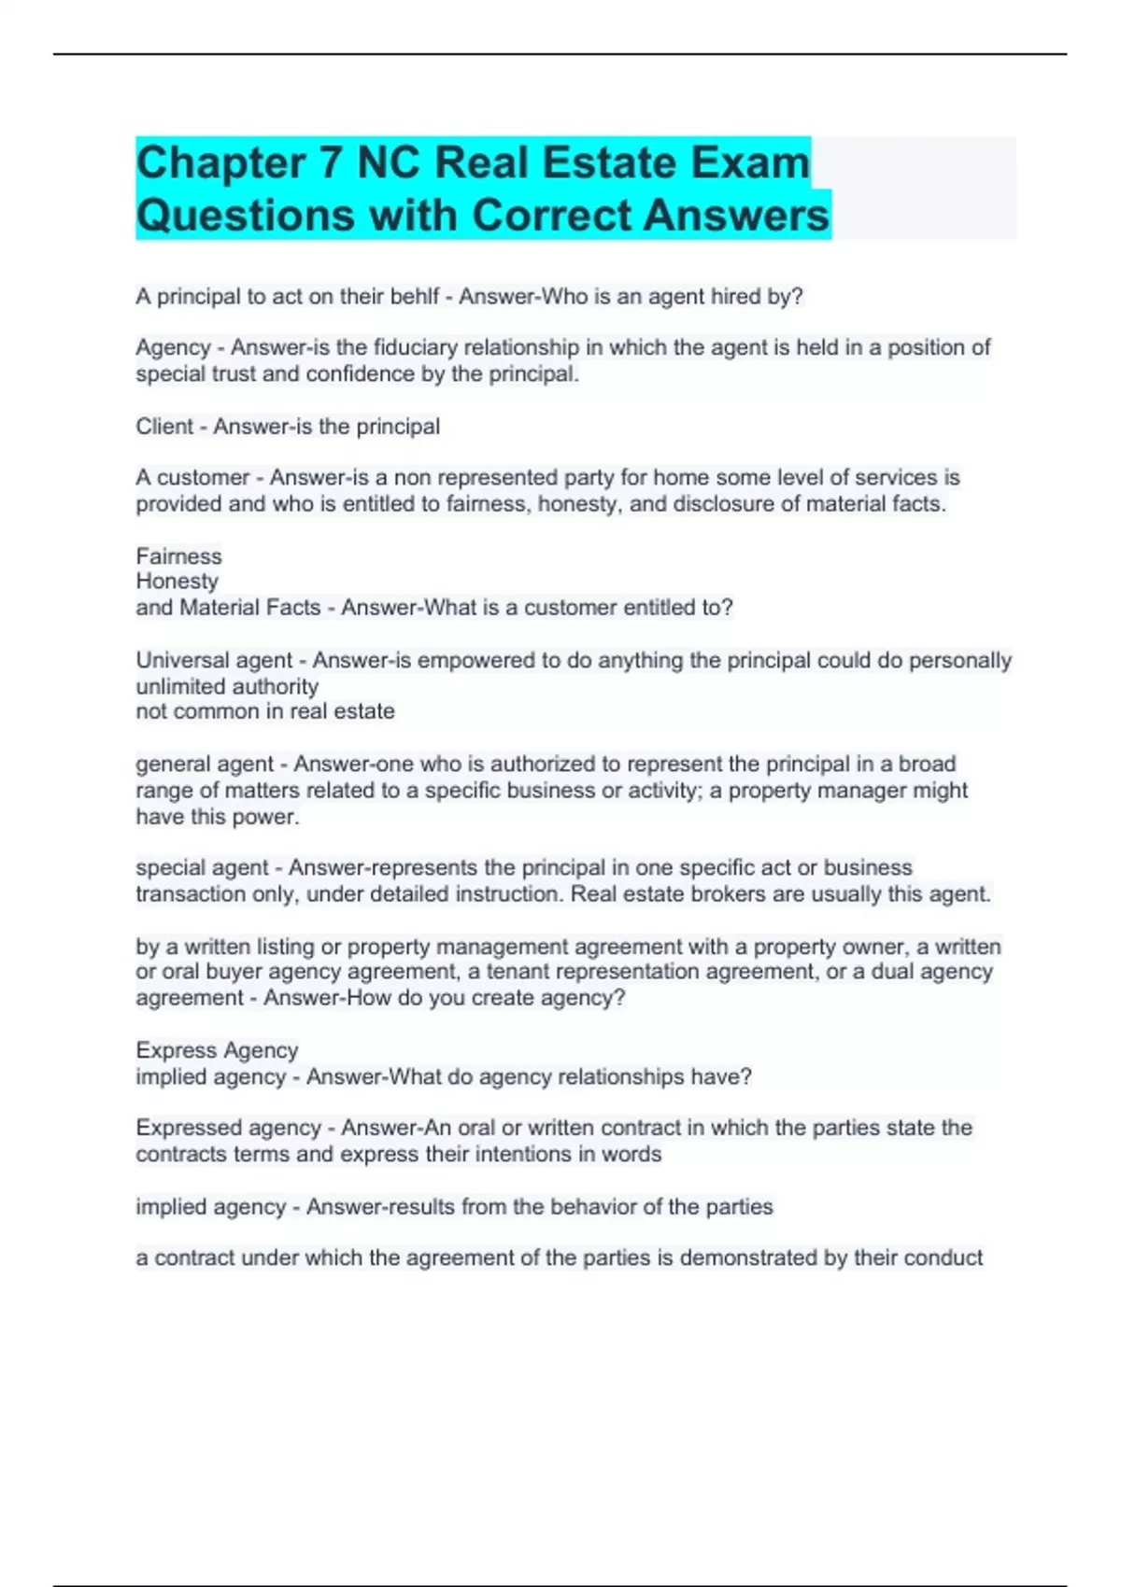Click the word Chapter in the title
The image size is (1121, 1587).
point(220,163)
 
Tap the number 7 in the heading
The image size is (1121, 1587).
point(331,163)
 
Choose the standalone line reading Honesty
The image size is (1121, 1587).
point(177,582)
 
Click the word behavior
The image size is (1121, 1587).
point(613,1207)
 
